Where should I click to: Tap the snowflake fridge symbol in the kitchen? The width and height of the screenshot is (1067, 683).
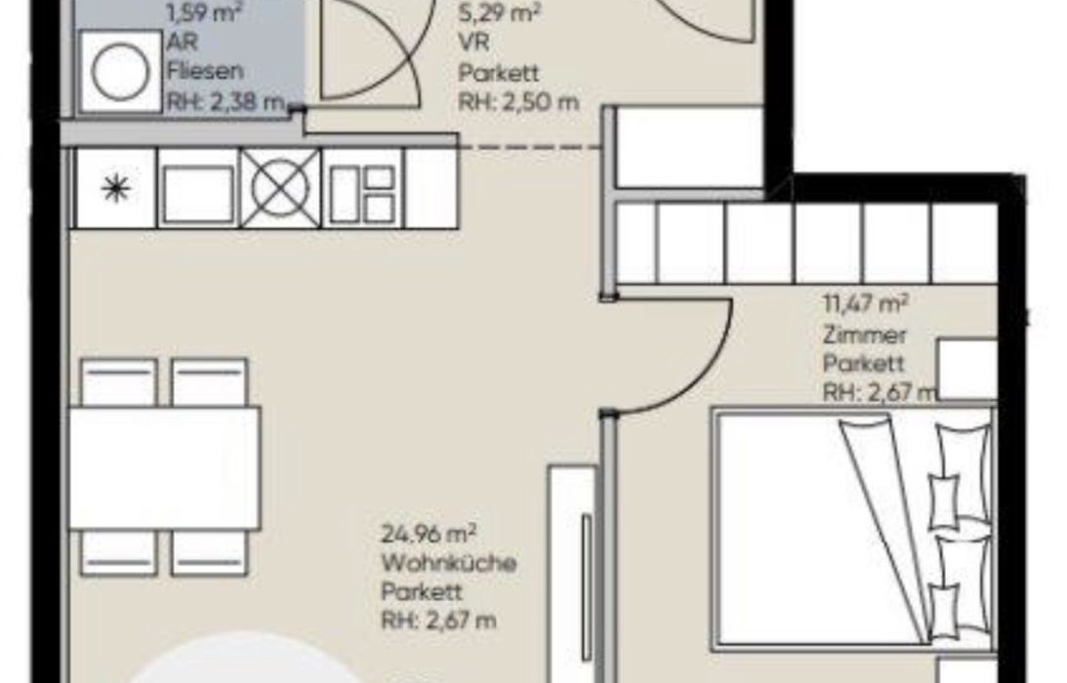click(115, 187)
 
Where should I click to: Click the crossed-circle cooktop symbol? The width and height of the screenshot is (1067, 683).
click(279, 187)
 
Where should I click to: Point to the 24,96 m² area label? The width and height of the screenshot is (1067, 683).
click(429, 534)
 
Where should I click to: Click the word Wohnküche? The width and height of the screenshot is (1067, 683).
click(448, 563)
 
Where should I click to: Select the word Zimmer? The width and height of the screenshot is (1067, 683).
click(864, 335)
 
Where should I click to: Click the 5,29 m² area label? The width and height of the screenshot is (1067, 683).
click(500, 13)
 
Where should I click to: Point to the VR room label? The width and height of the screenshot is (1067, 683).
click(474, 42)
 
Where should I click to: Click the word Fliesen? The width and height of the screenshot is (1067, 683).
click(206, 71)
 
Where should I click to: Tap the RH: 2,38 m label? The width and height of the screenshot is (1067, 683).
click(226, 102)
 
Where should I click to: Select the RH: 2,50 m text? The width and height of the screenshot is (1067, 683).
click(518, 102)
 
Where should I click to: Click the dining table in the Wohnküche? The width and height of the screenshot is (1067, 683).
click(165, 468)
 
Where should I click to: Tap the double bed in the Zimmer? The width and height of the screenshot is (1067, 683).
click(852, 526)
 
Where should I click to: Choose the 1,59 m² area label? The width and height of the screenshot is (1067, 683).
click(204, 13)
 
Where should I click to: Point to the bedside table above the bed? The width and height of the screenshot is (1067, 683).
click(967, 370)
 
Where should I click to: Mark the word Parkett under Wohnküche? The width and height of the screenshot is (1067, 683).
click(422, 592)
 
